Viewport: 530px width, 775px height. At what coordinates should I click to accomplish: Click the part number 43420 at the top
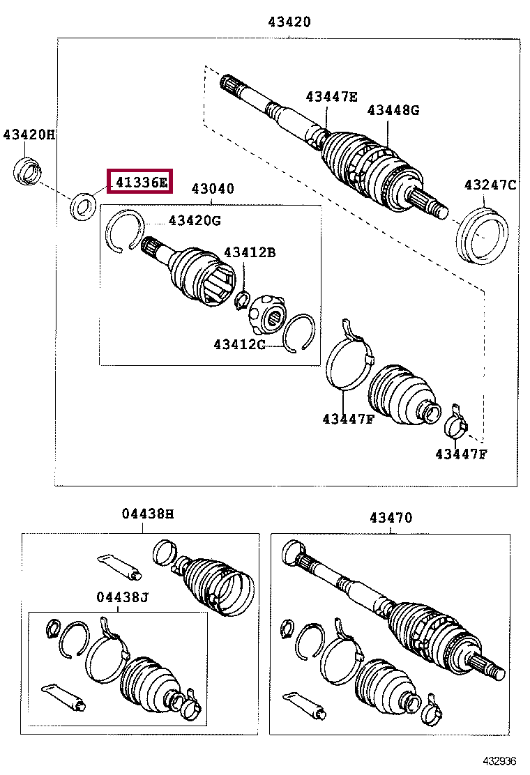tap(289, 22)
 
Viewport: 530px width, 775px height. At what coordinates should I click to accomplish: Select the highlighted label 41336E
tap(141, 183)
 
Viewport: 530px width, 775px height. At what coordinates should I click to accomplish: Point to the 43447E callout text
tap(331, 97)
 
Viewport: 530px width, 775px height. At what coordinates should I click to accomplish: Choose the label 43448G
tap(394, 109)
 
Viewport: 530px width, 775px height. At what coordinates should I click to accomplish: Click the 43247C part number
tap(490, 185)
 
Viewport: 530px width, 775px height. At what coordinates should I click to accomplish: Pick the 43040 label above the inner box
tap(213, 189)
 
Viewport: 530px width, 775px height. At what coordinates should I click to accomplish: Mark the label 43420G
tap(194, 221)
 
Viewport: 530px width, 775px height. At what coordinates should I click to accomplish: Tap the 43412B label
tap(249, 252)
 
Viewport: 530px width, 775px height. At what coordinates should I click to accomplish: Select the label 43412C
tap(239, 344)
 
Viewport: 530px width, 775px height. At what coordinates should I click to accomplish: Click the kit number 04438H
tap(147, 514)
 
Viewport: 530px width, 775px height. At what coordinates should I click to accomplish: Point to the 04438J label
tap(123, 597)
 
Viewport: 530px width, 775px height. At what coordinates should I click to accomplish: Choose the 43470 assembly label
tap(391, 518)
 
